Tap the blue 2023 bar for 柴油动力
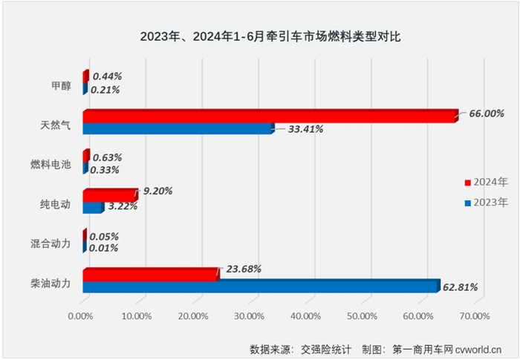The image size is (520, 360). [x=260, y=286]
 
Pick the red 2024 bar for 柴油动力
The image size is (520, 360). [x=149, y=273]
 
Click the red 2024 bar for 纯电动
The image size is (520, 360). [x=109, y=194]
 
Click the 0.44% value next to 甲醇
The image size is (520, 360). [x=107, y=76]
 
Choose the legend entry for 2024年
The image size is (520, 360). [x=487, y=181]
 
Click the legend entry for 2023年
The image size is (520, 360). [x=487, y=202]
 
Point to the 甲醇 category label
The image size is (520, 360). [x=61, y=85]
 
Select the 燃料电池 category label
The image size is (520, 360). [x=56, y=164]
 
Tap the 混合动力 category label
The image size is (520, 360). [x=56, y=243]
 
